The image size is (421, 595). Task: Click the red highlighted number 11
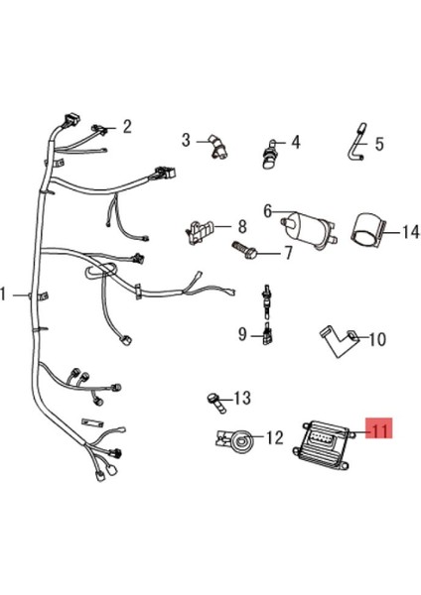pos(380,429)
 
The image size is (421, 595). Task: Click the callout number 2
pos(127,126)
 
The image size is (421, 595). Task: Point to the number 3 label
pos(186,140)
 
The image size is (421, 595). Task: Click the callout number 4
pos(295,141)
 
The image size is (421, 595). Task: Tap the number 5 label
pos(378,142)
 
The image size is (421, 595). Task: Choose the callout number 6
pos(267,210)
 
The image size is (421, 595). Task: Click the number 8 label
pos(241,226)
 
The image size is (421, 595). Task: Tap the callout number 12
pos(275,436)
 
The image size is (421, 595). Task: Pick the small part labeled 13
pos(213,400)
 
